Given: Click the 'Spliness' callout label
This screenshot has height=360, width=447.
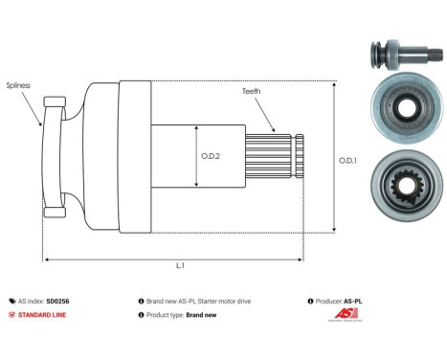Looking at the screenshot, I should tap(19, 85).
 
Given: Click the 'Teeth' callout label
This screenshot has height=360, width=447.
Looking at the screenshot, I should tap(253, 91).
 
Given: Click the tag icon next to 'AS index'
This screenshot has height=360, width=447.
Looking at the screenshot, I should tap(11, 301).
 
